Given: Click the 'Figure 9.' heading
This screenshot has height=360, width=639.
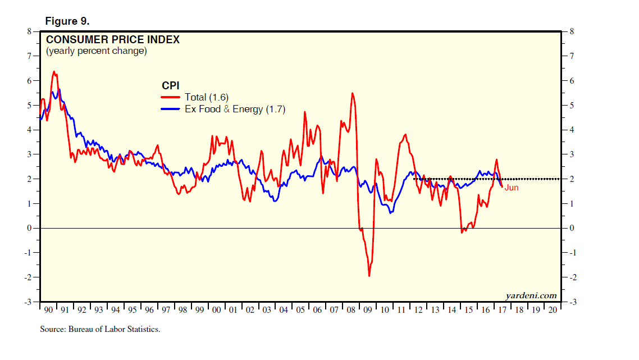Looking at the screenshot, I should point(67,21).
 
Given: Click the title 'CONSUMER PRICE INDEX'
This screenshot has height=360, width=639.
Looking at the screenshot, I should point(112,40).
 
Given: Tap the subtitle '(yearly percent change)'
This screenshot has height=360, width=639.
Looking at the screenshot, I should point(96,51).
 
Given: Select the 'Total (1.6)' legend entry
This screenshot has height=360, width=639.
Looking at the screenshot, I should point(206,98).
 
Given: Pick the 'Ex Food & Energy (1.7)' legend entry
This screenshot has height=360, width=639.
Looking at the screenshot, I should point(235,110).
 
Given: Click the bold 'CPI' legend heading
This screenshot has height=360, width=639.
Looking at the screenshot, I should point(170,85).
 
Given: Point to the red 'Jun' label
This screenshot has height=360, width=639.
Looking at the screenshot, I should point(511,188).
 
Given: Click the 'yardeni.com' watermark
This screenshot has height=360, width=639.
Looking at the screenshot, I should point(531,295).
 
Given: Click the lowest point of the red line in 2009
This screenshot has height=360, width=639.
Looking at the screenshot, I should point(369,276).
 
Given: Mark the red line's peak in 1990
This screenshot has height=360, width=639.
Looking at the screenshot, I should point(53,71).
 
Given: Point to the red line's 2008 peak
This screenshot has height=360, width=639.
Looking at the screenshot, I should point(352,93).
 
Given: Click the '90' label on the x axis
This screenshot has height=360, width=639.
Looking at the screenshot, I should point(48,310).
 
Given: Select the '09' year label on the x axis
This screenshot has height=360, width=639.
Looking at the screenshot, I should point(368,310).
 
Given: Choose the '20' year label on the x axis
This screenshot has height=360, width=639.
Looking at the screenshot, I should point(553,310).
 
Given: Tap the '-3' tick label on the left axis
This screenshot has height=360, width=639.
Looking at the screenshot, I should point(28,302).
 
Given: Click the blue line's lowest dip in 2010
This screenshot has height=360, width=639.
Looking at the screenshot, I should point(391,212).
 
